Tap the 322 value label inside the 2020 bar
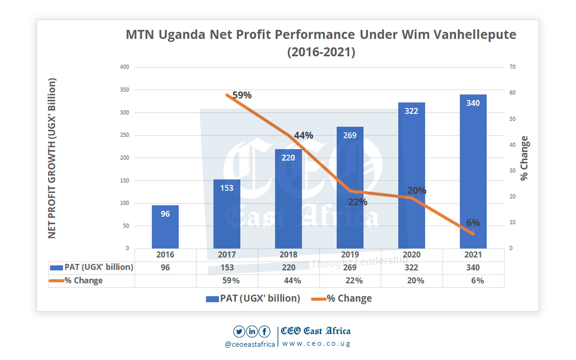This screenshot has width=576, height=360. point(411,111)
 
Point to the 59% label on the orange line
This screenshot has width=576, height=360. point(242,95)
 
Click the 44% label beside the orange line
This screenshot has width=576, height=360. point(303,135)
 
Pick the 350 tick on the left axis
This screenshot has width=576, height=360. point(124,90)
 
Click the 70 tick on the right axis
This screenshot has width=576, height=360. point(512,67)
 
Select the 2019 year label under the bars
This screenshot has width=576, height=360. point(350,255)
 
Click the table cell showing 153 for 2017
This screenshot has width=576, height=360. point(227,268)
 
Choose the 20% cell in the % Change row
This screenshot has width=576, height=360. point(415,281)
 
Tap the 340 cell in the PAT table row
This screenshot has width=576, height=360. point(473,268)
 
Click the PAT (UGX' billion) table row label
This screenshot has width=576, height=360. point(99,267)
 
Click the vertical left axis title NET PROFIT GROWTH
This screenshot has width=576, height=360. point(52,158)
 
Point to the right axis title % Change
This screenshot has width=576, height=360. point(524,158)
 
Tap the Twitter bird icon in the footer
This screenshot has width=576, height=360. point(239,331)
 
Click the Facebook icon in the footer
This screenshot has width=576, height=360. point(264,331)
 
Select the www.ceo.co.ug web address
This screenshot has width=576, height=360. point(316,344)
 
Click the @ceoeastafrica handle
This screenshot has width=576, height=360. point(250,344)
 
